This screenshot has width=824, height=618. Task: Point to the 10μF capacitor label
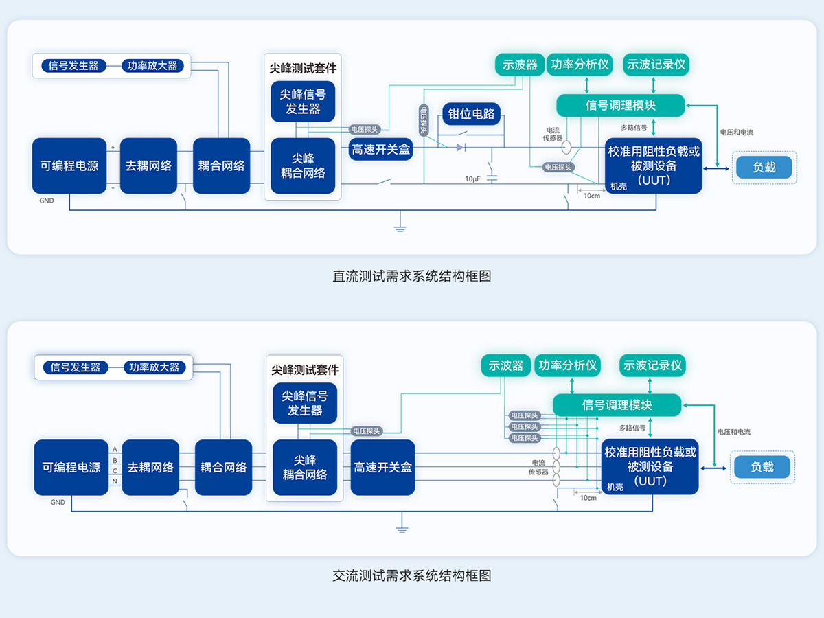pyautogui.click(x=472, y=179)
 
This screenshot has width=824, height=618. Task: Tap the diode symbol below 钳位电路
pyautogui.click(x=461, y=147)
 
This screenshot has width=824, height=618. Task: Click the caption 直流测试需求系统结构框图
pyautogui.click(x=412, y=276)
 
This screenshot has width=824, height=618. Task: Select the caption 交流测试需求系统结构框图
pyautogui.click(x=412, y=575)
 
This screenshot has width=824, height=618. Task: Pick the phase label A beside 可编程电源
pyautogui.click(x=115, y=448)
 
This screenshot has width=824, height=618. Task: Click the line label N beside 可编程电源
pyautogui.click(x=115, y=482)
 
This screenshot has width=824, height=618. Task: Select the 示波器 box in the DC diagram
pyautogui.click(x=520, y=65)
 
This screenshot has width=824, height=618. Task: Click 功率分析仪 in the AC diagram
pyautogui.click(x=567, y=365)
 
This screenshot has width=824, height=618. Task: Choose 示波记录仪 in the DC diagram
pyautogui.click(x=656, y=65)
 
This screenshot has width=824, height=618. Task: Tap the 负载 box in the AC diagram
pyautogui.click(x=762, y=467)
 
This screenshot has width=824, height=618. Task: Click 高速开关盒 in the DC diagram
pyautogui.click(x=381, y=149)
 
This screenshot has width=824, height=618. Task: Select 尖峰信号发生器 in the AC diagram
pyautogui.click(x=305, y=403)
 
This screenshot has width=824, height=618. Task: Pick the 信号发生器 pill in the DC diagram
pyautogui.click(x=74, y=66)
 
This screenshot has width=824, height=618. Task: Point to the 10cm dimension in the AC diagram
pyautogui.click(x=588, y=497)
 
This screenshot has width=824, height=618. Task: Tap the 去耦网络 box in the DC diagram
pyautogui.click(x=148, y=165)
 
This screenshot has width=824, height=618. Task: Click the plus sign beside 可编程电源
pyautogui.click(x=113, y=148)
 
